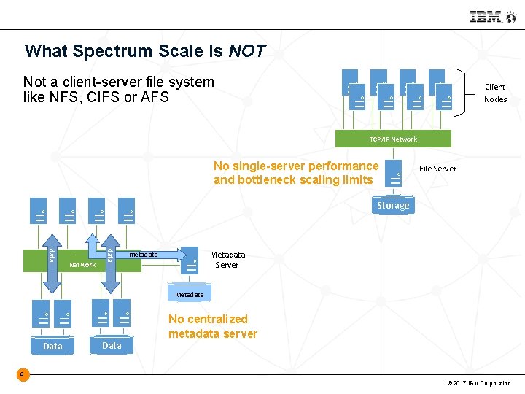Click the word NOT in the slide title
[x=247, y=52]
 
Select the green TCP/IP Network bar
[x=393, y=139]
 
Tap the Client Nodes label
[x=495, y=93]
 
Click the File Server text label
[x=437, y=169]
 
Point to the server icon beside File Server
[x=394, y=173]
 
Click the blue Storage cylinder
[x=393, y=206]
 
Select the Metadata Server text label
[x=227, y=260]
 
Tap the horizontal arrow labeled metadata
[x=149, y=255]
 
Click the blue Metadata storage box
[x=190, y=294]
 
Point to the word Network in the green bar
[x=82, y=265]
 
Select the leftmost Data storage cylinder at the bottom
[x=52, y=346]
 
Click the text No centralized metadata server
[x=212, y=326]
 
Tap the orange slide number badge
[x=23, y=375]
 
